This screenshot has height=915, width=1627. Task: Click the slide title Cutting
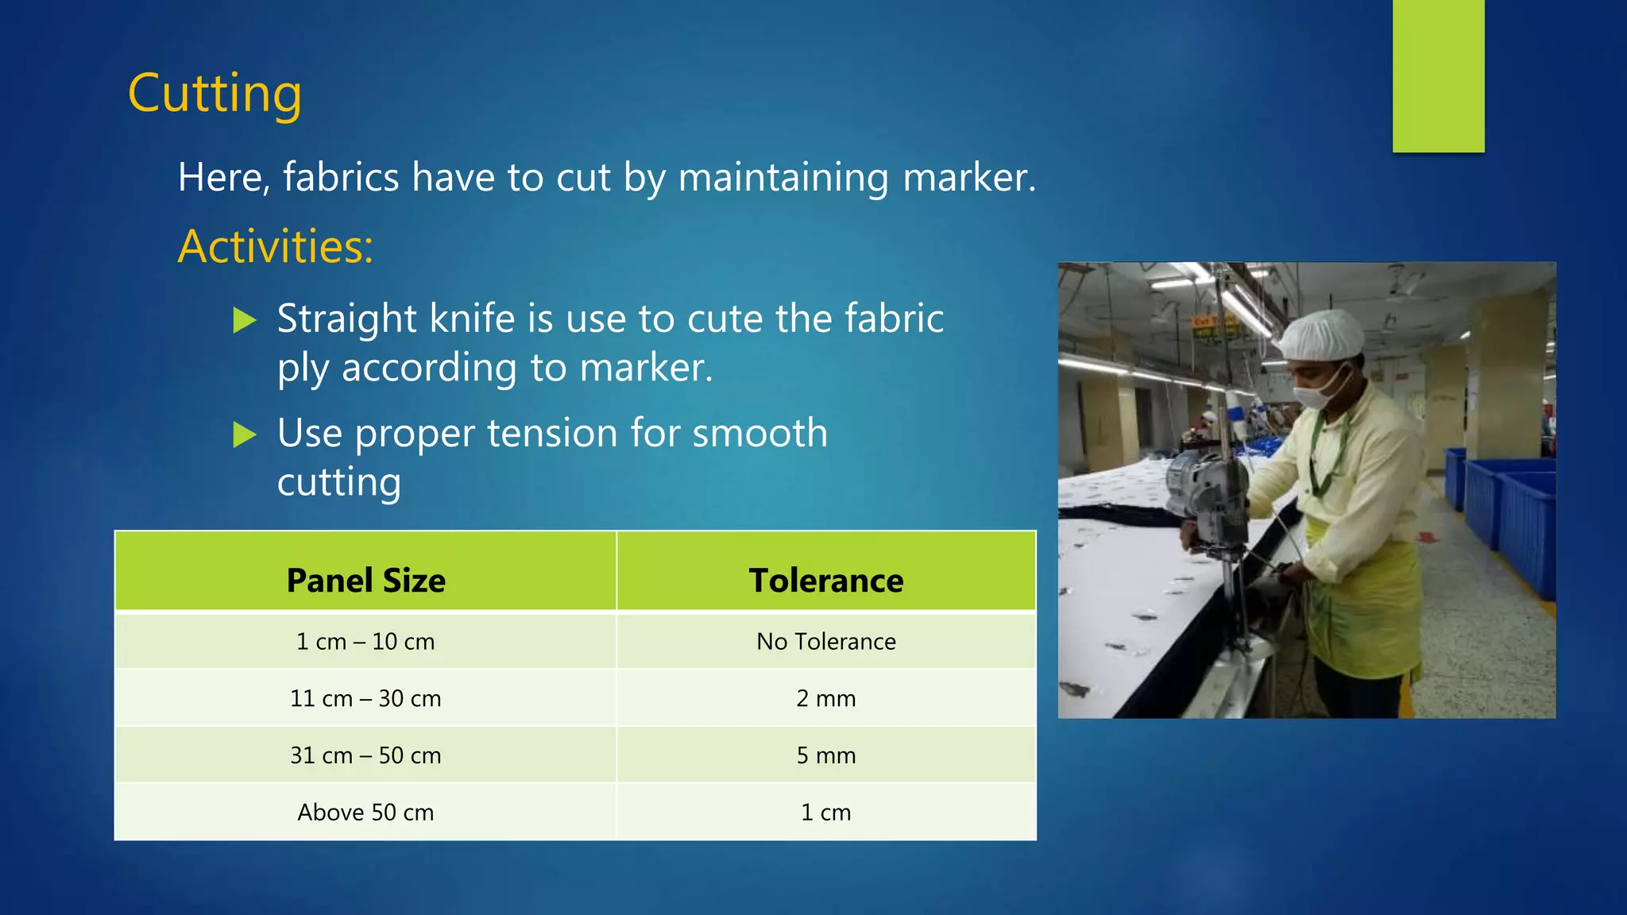coord(214,94)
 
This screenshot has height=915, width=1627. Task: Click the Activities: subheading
coord(275,246)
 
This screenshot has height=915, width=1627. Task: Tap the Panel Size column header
coord(365,581)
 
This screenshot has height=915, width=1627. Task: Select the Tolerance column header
coord(825,581)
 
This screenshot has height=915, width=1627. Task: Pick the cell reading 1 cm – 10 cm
coord(365,641)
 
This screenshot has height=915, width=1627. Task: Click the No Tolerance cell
coord(825,641)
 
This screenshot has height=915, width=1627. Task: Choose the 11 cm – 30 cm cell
coord(365,698)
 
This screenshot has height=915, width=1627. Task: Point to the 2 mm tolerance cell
coord(825,698)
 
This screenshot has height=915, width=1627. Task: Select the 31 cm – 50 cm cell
coord(365,755)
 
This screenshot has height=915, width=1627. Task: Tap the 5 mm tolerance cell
coord(825,755)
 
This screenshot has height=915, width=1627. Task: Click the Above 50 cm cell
coord(365,813)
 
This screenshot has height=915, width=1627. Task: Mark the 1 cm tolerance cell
coord(825,813)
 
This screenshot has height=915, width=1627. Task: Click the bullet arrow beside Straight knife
coord(245,321)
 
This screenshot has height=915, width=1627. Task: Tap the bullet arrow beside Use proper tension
coord(245,435)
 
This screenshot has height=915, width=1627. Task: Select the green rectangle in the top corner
coord(1438,75)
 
